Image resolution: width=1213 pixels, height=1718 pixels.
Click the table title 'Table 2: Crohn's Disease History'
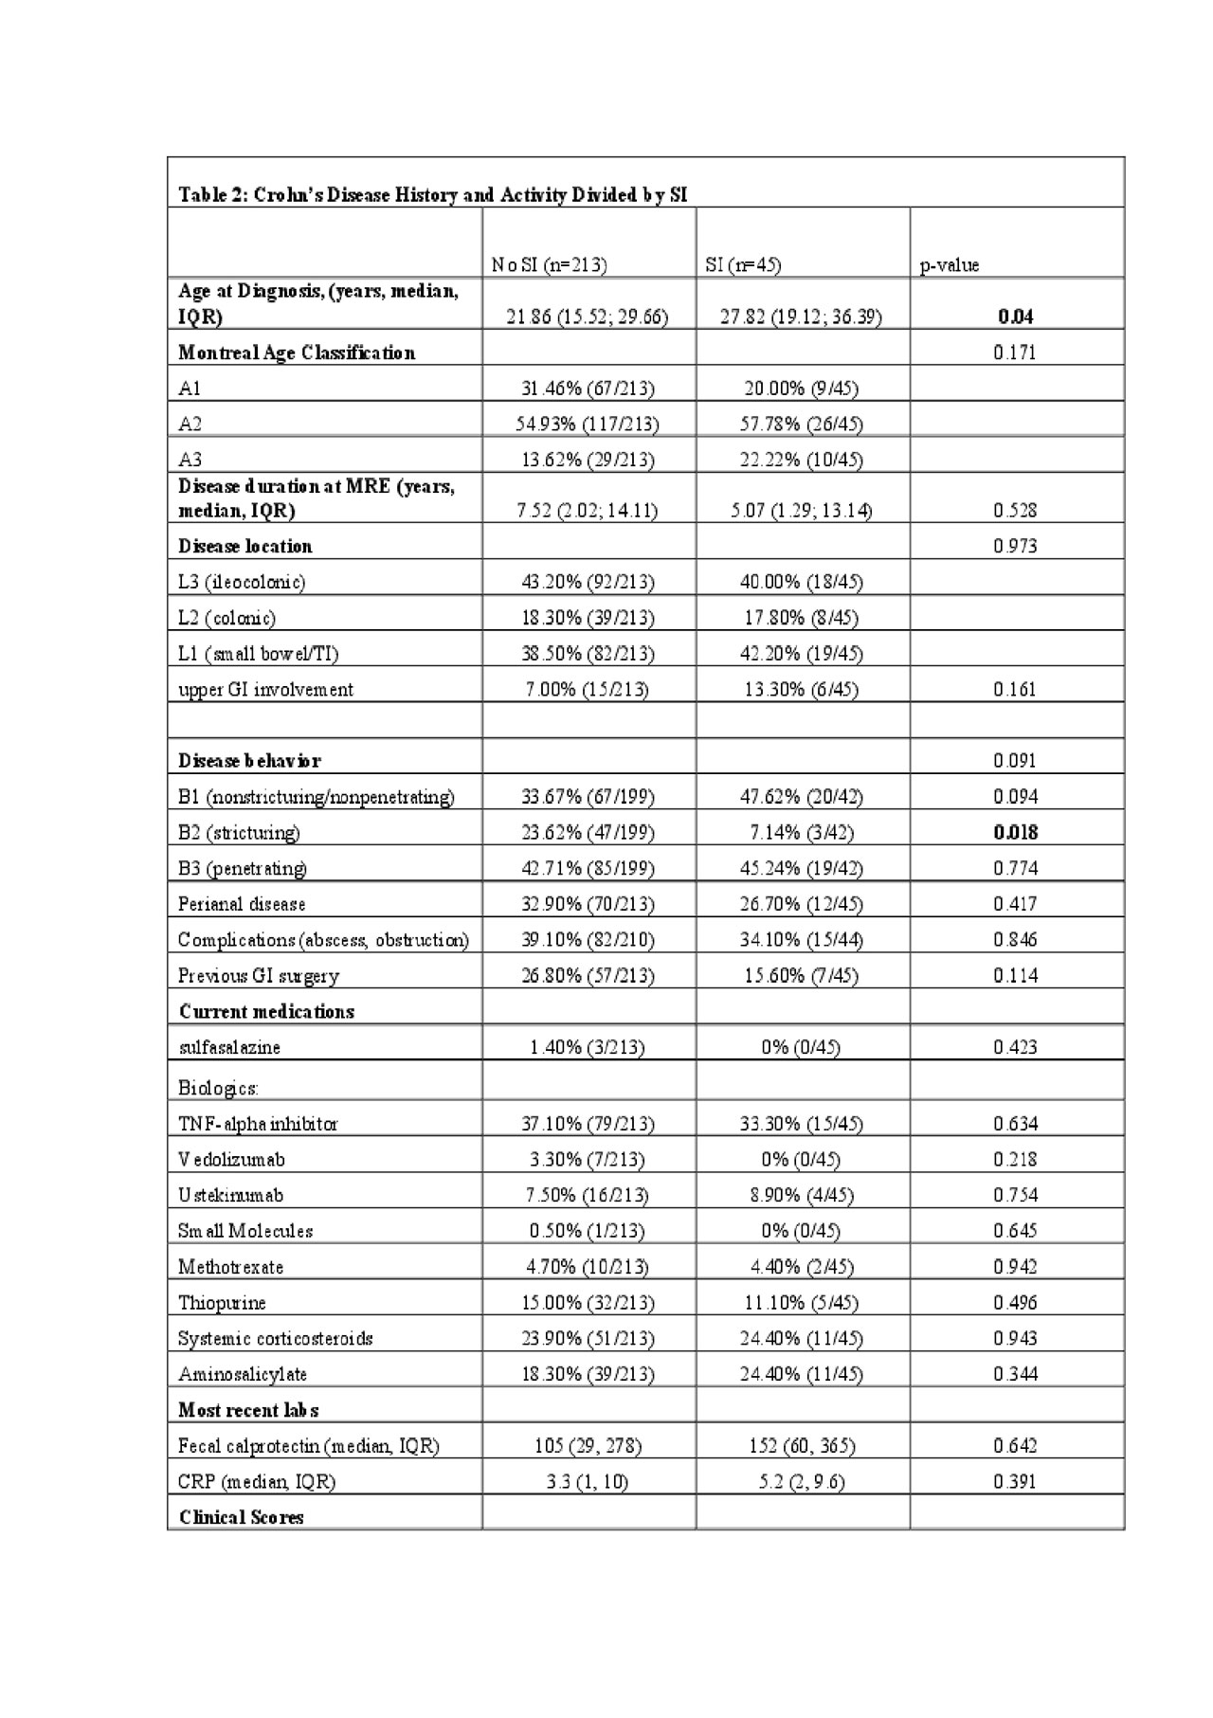coord(432,195)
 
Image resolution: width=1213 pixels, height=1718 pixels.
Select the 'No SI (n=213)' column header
coord(549,265)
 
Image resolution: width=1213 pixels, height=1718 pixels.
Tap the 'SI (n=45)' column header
coord(743,265)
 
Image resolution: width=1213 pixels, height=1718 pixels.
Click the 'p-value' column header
coord(949,265)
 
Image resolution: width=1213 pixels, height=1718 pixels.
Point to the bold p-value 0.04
coord(1015,316)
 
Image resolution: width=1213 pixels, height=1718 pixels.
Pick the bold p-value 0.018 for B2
coord(1015,832)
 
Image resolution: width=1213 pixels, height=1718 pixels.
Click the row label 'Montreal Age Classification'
coord(297,353)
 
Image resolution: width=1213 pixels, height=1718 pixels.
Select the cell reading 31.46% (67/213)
coord(588,389)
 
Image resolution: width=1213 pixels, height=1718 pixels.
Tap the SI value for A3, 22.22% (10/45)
coord(801,460)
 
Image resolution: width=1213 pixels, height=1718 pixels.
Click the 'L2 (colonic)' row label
coord(226,618)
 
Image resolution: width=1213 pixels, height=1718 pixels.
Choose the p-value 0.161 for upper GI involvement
coord(1015,689)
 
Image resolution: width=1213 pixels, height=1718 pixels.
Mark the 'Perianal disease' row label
coord(242,904)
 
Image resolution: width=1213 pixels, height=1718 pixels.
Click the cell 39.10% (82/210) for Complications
coord(588,940)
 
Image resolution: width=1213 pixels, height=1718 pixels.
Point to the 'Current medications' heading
coord(266,1011)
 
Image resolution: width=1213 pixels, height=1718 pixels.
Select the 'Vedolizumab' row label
coord(231,1159)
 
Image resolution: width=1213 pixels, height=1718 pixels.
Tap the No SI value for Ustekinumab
coord(588,1195)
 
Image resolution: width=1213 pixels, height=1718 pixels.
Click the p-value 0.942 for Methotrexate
coord(1015,1267)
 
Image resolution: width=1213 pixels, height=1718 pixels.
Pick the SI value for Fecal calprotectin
coord(801,1446)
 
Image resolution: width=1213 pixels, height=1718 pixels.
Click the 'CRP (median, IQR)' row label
coord(257,1481)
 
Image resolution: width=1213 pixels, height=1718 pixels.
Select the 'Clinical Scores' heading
coord(241,1517)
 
